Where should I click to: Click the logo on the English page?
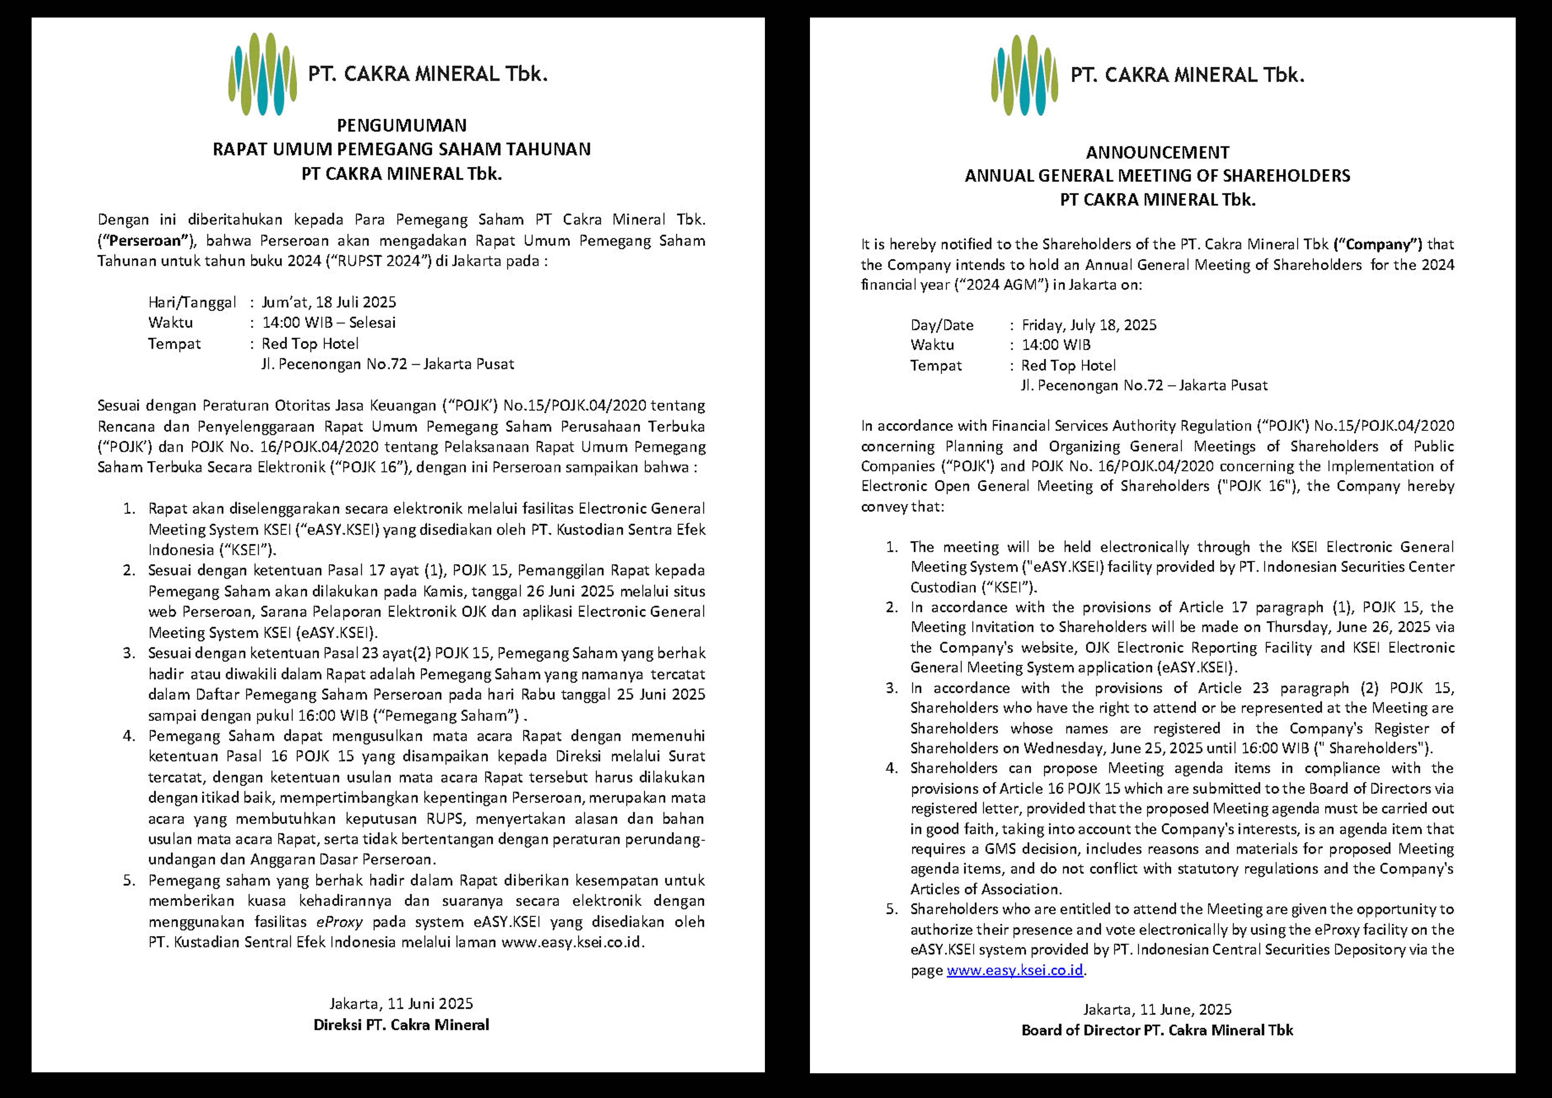click(1024, 75)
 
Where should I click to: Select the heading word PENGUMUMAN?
click(401, 126)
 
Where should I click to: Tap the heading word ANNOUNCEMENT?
click(1157, 153)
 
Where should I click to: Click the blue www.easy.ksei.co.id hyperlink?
click(1015, 970)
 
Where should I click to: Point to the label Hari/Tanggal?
click(192, 302)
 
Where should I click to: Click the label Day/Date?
click(942, 325)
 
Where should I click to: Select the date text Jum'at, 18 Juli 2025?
click(328, 302)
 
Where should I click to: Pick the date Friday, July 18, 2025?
click(1088, 325)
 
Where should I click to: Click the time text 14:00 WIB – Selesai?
click(328, 322)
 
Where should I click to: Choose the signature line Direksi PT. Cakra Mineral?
click(401, 1025)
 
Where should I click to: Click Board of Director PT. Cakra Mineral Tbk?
click(1157, 1030)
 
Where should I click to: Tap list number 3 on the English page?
click(892, 688)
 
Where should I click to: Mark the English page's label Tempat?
click(935, 366)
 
